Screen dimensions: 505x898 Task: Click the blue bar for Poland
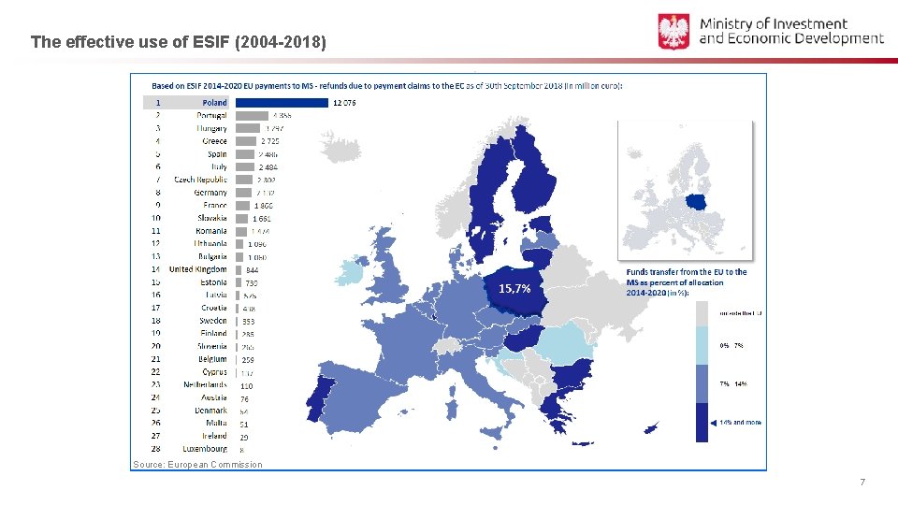point(282,103)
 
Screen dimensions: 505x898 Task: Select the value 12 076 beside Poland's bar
point(344,103)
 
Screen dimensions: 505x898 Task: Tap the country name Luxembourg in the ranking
point(204,449)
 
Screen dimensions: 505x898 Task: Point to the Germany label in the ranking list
point(210,193)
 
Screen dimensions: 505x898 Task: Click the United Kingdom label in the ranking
point(197,269)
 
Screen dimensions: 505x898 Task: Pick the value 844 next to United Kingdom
point(253,270)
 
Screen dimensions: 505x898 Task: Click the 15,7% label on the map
point(514,288)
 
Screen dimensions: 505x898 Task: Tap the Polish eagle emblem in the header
point(673,32)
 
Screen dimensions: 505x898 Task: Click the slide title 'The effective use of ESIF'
point(178,42)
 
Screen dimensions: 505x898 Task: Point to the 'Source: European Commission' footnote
point(197,465)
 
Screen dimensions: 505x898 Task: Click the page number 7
point(862,482)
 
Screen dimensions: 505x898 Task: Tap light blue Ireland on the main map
point(350,272)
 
